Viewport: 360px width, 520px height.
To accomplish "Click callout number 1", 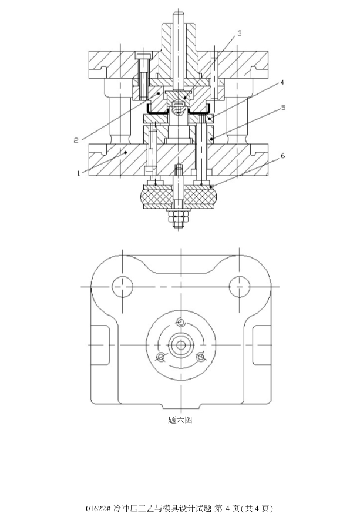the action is pos(79,173).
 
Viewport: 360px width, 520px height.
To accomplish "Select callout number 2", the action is pos(76,140).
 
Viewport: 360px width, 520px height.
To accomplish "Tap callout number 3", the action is pos(240,33).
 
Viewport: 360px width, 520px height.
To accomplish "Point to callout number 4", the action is pos(282,82).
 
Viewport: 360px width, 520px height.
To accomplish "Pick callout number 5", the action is pos(284,108).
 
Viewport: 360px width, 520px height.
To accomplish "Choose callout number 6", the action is pos(282,156).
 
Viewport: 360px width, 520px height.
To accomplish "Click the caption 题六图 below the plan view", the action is pos(180,420).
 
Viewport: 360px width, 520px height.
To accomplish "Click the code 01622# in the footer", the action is pos(97,508).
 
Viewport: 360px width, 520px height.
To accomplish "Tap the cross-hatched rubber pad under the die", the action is pos(179,197).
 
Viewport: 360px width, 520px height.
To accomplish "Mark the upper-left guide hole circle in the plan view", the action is pos(122,287).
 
